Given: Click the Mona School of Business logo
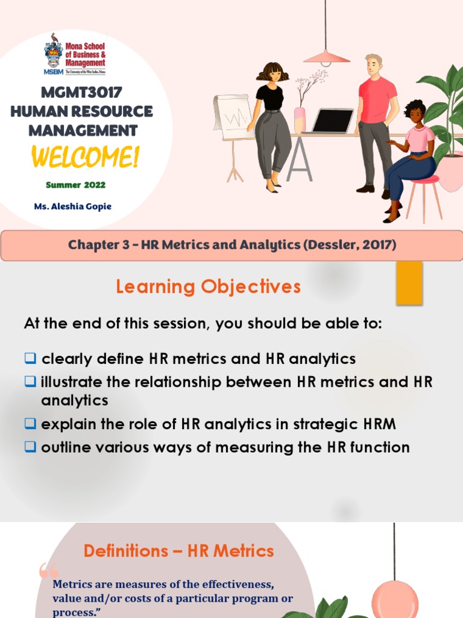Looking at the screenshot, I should tap(75, 54).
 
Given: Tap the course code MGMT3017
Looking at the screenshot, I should tap(81, 93).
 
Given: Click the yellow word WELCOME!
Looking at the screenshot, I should tap(85, 157).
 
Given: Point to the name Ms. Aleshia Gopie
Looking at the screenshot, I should tap(73, 206).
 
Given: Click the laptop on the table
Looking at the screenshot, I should tap(332, 121).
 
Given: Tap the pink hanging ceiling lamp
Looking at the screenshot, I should tap(326, 57).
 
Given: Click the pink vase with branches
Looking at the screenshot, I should tap(300, 118).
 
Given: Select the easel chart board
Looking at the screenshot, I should tap(232, 118).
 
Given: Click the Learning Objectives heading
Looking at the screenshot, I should tap(208, 287).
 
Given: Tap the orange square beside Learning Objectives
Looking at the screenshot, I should tap(409, 284).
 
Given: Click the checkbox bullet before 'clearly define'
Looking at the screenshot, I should tap(30, 358).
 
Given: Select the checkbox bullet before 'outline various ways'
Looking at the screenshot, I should tap(30, 447).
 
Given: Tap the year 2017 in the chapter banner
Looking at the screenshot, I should tap(378, 244).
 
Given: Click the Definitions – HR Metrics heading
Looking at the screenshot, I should tap(178, 550).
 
